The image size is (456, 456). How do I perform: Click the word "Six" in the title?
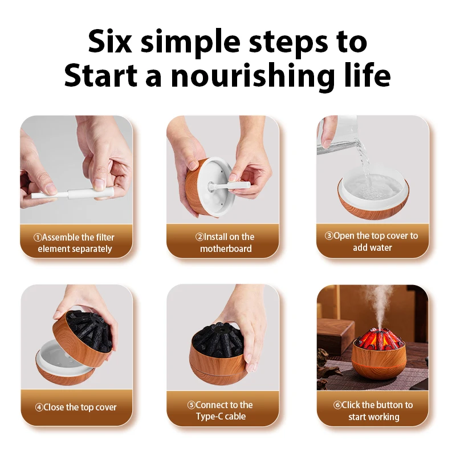point(111,41)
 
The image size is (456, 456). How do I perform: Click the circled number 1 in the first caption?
point(38,238)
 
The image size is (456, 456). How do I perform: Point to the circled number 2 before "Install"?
point(199,237)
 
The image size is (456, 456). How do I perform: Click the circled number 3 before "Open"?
point(329,235)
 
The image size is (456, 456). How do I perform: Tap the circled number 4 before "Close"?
point(39,408)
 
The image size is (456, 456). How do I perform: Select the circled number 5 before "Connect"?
point(192,405)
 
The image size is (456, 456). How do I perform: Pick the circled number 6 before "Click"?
point(337,405)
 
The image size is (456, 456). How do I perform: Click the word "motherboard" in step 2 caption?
point(226,249)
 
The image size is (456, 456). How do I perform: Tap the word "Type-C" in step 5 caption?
point(209,417)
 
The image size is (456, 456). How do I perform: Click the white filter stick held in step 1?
point(73,193)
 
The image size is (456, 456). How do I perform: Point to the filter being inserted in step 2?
point(230,185)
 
